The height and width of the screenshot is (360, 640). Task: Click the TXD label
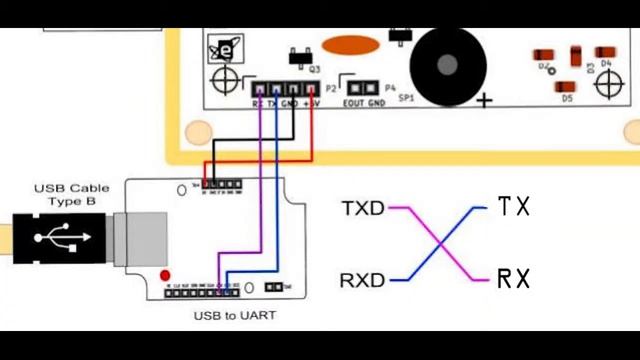363,208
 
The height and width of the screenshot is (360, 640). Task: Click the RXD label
363,280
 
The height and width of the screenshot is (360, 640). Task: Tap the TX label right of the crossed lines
513,207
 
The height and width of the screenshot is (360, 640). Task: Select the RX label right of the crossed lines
513,278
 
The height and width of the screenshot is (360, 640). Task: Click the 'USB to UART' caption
235,316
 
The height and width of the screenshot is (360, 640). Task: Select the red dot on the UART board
165,274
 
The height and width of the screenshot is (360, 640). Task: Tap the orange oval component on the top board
350,46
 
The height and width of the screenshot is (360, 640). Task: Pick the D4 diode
606,52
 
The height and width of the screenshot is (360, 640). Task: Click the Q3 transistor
297,54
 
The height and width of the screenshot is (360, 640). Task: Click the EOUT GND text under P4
364,103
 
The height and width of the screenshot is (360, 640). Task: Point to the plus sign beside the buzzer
486,100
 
